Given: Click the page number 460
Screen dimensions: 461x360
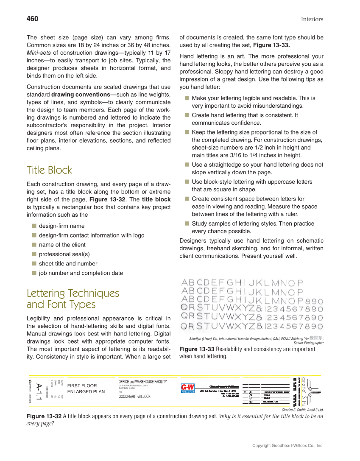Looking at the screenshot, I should (x=32, y=19).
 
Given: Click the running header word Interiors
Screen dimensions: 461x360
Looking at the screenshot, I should (x=312, y=19).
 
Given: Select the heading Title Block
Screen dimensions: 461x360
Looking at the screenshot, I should (x=49, y=170).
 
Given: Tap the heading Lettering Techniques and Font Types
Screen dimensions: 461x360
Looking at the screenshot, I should (x=73, y=299).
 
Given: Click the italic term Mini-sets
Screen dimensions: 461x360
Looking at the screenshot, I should (x=39, y=53).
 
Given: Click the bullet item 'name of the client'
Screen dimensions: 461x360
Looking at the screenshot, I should (x=62, y=245).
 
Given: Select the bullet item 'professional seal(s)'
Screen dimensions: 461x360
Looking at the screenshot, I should (x=64, y=254).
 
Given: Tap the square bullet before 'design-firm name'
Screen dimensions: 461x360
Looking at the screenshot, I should (x=33, y=226).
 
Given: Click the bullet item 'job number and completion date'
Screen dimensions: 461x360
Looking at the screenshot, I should (x=81, y=273).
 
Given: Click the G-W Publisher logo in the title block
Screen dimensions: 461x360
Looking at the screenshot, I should (x=187, y=388).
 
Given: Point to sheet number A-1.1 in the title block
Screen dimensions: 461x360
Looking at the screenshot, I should (x=39, y=391).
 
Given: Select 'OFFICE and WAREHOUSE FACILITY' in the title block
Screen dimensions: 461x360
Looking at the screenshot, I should (x=142, y=382).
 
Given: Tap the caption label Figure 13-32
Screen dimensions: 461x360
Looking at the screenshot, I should (x=44, y=416).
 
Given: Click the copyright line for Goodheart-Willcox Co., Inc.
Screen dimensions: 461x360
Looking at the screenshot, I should (x=287, y=445).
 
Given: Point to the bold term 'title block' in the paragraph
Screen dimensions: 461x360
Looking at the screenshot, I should (x=156, y=199).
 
